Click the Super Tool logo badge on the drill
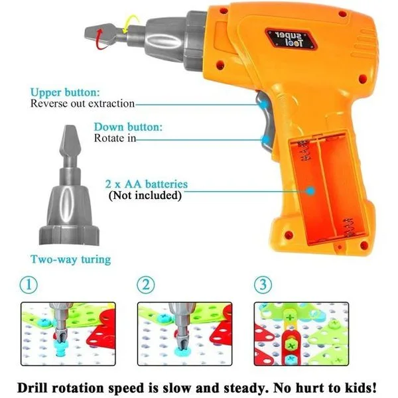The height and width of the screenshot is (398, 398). tap(291, 39)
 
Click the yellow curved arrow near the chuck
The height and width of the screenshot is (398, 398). tap(131, 24)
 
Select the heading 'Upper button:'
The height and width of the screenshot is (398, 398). tap(65, 92)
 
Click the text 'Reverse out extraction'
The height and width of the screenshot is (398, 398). tap(82, 104)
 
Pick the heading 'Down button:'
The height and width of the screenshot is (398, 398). tap(128, 127)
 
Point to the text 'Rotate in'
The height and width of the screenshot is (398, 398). tap(115, 139)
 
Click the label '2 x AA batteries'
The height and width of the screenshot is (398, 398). tap(147, 184)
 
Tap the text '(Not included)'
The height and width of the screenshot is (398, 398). tap(145, 196)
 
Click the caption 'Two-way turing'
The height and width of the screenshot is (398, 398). tap(70, 259)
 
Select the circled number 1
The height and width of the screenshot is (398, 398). tap(29, 285)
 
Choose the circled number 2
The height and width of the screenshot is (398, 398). tap(146, 285)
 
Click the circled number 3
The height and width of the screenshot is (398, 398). tap(263, 285)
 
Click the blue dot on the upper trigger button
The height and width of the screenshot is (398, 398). tap(264, 104)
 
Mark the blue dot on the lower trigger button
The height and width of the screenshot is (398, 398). tap(266, 139)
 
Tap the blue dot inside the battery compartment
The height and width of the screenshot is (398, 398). tap(310, 191)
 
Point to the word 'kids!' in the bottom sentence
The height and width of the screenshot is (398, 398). tap(361, 388)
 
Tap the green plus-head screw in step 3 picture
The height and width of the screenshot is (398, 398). tap(290, 346)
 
